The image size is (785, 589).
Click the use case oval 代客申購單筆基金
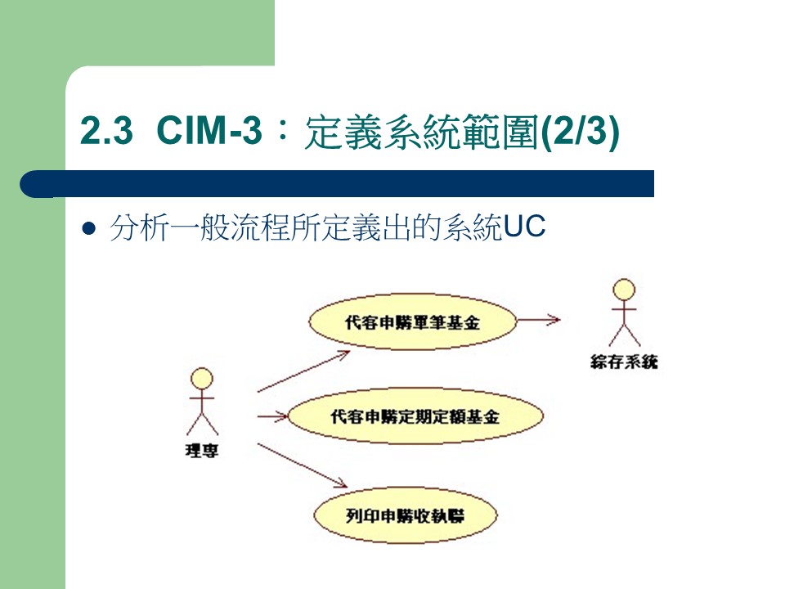pyautogui.click(x=413, y=321)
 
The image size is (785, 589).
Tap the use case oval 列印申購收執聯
pyautogui.click(x=406, y=515)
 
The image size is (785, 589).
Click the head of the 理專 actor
pyautogui.click(x=201, y=379)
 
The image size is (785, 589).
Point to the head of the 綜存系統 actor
pyautogui.click(x=624, y=290)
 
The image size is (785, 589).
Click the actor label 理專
pyautogui.click(x=201, y=450)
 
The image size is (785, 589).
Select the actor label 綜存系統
pyautogui.click(x=624, y=361)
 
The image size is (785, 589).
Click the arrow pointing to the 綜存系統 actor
pyautogui.click(x=540, y=320)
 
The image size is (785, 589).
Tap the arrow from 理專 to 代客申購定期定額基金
pyautogui.click(x=272, y=417)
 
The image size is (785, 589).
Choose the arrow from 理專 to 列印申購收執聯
pyautogui.click(x=303, y=466)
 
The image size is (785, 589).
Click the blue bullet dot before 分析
pyautogui.click(x=90, y=230)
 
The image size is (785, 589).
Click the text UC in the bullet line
pyautogui.click(x=524, y=229)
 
